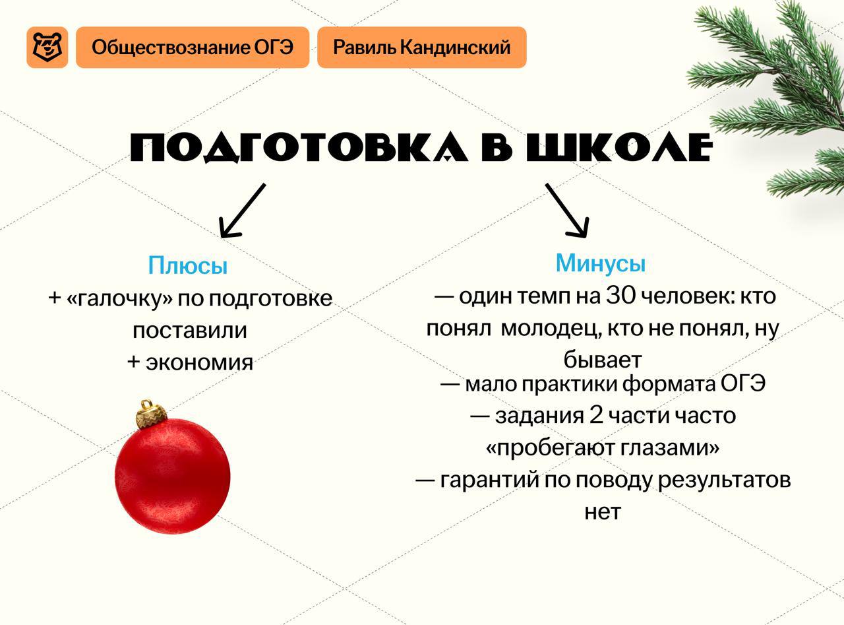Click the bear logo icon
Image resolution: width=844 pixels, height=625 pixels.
click(x=47, y=48)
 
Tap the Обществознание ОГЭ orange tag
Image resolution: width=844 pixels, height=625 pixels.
click(x=193, y=48)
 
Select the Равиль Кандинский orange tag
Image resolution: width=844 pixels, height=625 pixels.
click(x=421, y=48)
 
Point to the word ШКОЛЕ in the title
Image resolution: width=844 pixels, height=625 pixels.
click(x=619, y=147)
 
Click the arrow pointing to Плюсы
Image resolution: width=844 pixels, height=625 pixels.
click(x=243, y=211)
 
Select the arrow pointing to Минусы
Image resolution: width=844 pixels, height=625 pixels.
click(x=567, y=211)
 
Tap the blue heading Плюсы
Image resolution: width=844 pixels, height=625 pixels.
click(x=188, y=265)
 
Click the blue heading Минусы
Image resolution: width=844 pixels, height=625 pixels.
click(x=601, y=263)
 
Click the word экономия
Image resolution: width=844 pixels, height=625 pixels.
click(x=199, y=362)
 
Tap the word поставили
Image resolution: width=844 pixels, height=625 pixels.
click(x=190, y=330)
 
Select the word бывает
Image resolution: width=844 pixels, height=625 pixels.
click(x=603, y=359)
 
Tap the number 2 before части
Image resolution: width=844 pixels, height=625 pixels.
click(x=596, y=415)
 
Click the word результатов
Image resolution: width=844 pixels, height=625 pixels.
click(x=724, y=480)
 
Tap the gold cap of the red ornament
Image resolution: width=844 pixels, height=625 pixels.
click(x=151, y=414)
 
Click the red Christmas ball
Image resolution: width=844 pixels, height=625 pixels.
click(x=172, y=476)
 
